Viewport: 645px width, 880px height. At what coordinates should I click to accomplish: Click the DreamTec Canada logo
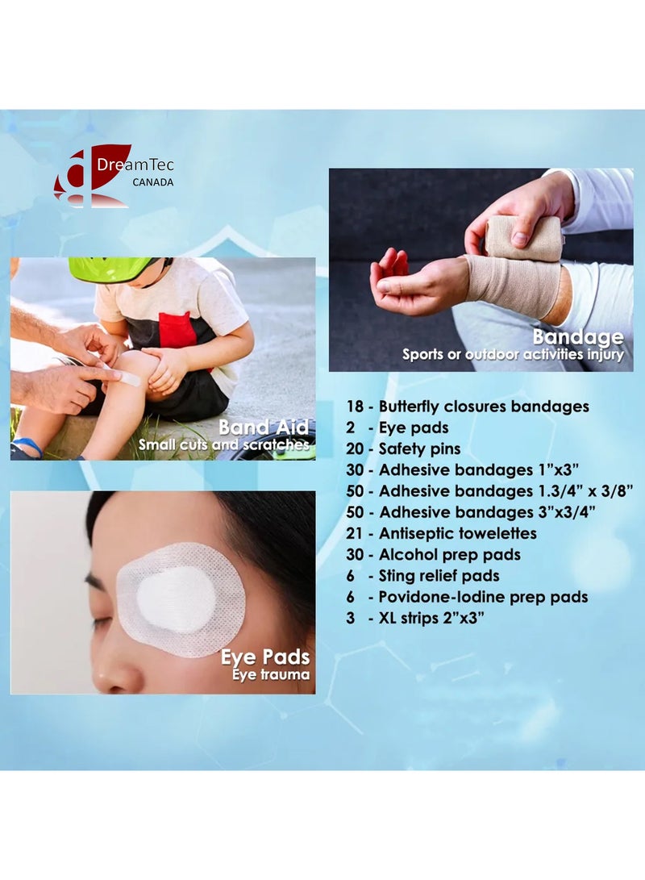point(114,176)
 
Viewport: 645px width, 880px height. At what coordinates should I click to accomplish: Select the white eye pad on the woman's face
point(181,598)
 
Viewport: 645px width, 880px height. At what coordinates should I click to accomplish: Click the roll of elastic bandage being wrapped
point(522,239)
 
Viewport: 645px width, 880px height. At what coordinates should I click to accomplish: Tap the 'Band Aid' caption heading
point(264,427)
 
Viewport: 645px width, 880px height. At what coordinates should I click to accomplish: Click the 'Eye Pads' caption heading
point(265,657)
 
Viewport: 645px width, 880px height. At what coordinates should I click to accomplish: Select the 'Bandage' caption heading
point(578,336)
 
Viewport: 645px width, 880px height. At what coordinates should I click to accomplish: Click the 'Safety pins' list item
point(419,449)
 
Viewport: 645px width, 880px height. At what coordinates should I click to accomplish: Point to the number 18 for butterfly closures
point(355,407)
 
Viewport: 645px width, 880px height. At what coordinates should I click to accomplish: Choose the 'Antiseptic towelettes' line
point(458,533)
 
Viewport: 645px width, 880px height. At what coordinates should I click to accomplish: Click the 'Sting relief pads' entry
point(439,576)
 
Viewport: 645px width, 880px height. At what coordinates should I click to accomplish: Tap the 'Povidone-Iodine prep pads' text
point(483,597)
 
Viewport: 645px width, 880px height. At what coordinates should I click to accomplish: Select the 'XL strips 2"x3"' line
point(431,618)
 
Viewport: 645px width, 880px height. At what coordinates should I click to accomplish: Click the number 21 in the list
point(354,533)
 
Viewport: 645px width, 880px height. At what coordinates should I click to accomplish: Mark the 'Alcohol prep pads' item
point(449,554)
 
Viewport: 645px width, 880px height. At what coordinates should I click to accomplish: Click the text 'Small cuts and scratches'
point(224,445)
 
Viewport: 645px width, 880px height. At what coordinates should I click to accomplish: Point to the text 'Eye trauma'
point(271,674)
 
